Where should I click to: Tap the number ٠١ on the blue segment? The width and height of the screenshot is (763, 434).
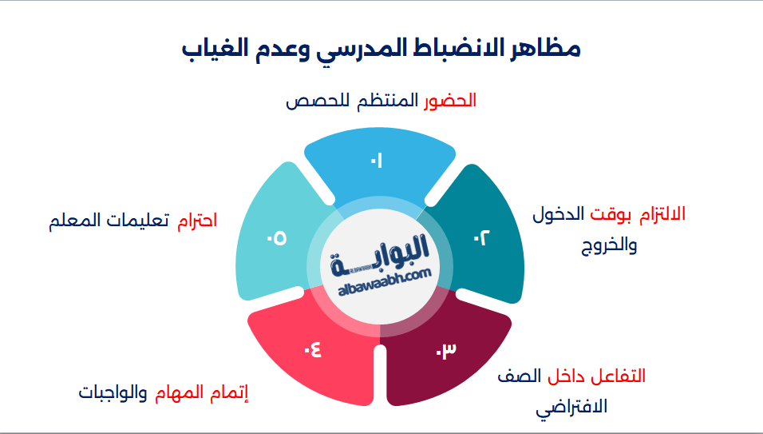tap(377, 161)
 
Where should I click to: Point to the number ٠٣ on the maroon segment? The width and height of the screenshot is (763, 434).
tap(445, 351)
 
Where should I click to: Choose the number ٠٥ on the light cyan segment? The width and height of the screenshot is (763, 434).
tap(277, 237)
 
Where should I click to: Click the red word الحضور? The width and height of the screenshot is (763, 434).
tap(449, 101)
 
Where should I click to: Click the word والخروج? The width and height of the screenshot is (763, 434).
tap(609, 245)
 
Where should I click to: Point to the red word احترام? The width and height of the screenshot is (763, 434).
tap(196, 220)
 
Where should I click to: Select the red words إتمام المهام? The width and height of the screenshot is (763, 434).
tap(202, 393)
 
